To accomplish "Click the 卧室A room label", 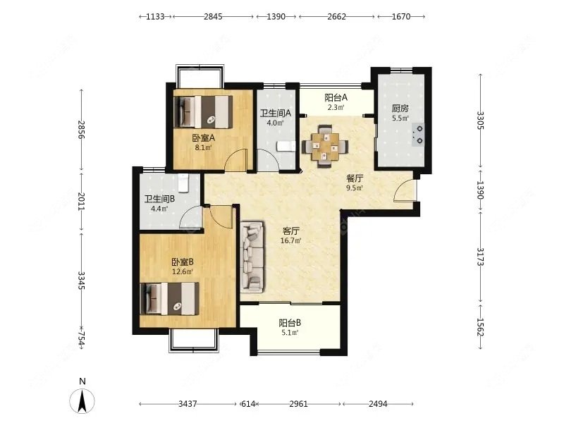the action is (x=204, y=137).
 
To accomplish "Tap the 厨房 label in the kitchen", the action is (x=400, y=108).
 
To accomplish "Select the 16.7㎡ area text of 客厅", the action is (x=290, y=240).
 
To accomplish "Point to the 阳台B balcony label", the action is (x=290, y=323).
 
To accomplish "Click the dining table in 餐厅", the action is (x=325, y=146).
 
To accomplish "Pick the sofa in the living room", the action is (x=252, y=256).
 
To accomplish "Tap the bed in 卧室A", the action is (x=203, y=111).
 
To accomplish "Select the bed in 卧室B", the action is (x=169, y=298).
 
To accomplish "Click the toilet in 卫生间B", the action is (x=183, y=183).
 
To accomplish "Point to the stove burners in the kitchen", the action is (x=419, y=135).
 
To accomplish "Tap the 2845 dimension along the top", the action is (x=214, y=16).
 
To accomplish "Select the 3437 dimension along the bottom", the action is (x=188, y=404).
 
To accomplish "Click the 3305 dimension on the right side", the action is (x=481, y=121).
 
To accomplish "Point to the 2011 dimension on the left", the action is (x=81, y=202).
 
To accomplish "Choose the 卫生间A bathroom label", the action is (x=276, y=114).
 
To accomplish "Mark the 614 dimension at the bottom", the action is (x=248, y=404).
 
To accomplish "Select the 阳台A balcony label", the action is (x=336, y=97).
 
